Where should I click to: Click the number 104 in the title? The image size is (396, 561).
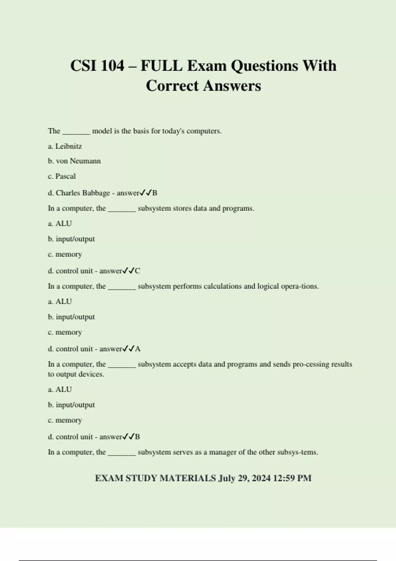[x=113, y=66]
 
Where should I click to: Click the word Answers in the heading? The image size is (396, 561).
[x=232, y=86]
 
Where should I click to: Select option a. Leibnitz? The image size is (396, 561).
[x=65, y=146]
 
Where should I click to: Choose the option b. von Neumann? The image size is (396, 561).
[x=74, y=161]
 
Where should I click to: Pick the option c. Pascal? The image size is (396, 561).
[x=62, y=176]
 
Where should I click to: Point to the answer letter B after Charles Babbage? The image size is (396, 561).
[x=155, y=193]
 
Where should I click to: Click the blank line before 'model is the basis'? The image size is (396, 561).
[x=76, y=131]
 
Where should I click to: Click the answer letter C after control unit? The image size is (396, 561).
[x=138, y=271]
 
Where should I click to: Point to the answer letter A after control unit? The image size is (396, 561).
[x=138, y=349]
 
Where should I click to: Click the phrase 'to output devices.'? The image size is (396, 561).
[x=76, y=374]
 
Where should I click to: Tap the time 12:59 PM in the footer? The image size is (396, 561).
[x=292, y=478]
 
